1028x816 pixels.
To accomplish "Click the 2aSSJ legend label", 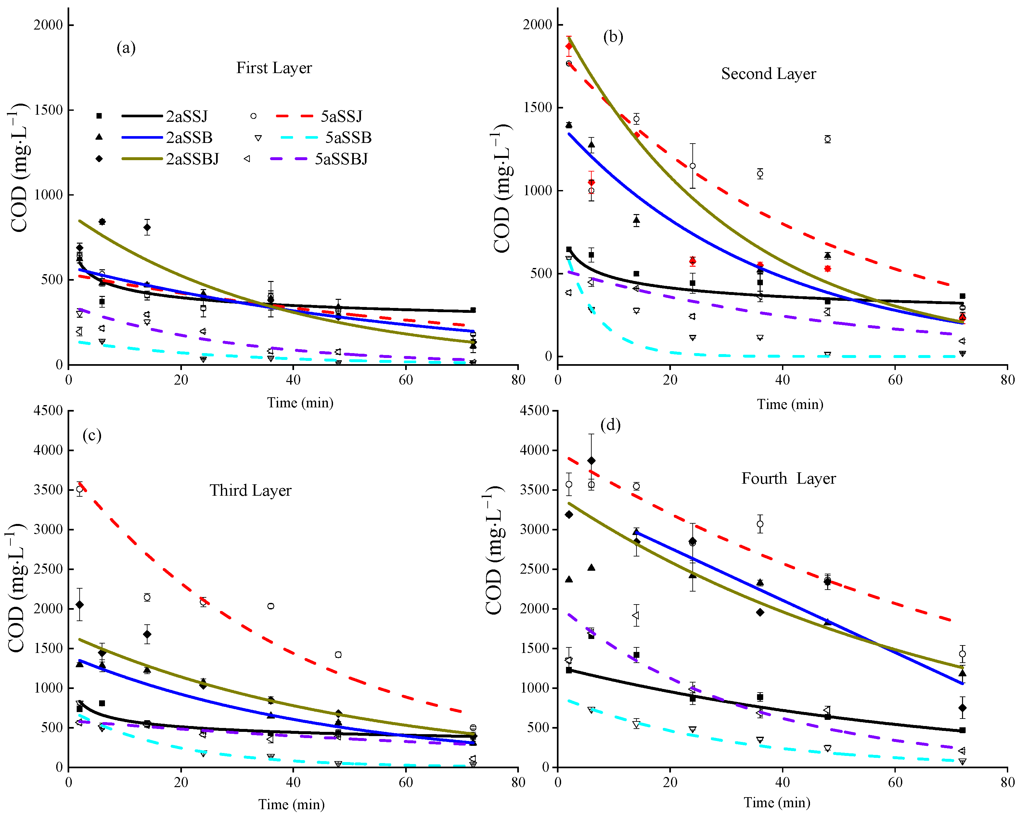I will [187, 116].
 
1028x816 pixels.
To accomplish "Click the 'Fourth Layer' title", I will [788, 478].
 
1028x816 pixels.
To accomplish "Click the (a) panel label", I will [126, 48].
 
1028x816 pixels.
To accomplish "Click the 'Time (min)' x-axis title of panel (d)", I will [777, 803].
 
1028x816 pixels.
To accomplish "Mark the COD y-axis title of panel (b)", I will [502, 188].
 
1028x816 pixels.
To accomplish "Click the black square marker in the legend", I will [99, 116].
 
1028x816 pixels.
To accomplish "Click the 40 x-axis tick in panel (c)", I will [293, 782].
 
